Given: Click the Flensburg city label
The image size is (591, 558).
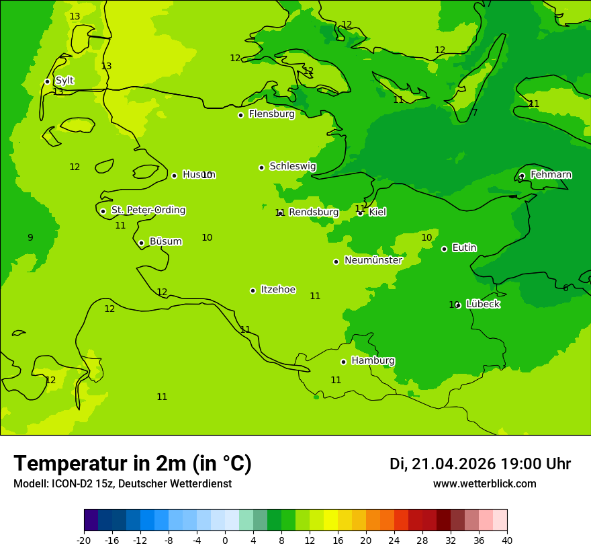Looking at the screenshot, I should click(x=271, y=114).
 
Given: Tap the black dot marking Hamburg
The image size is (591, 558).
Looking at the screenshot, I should click(x=343, y=362).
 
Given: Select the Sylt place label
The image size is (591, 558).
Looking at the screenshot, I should click(x=64, y=81).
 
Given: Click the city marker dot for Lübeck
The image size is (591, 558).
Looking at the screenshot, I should click(x=458, y=305).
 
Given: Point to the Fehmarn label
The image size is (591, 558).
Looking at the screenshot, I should click(x=551, y=175).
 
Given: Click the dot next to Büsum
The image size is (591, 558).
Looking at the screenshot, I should click(x=141, y=243).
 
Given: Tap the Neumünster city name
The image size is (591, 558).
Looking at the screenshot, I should click(x=373, y=260).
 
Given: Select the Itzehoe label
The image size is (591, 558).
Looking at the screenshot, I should click(x=278, y=290).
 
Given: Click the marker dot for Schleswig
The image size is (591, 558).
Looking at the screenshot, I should click(x=261, y=167).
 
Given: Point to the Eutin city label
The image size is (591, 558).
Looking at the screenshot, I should click(x=464, y=248).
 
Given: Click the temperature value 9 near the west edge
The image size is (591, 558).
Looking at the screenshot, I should click(x=30, y=237).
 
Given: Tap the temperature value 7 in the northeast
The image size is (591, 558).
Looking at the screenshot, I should click(x=475, y=113).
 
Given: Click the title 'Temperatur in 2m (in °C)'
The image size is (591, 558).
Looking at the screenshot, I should click(x=132, y=464).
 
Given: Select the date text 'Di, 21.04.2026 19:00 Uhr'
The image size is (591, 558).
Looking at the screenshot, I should click(x=480, y=464).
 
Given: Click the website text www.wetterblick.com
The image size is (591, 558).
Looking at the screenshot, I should click(x=484, y=484).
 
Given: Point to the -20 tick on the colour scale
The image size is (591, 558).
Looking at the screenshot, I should click(x=84, y=540).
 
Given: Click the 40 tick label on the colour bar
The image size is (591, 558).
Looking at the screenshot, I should click(x=507, y=540).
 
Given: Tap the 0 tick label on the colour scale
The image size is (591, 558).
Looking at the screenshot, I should click(x=225, y=540).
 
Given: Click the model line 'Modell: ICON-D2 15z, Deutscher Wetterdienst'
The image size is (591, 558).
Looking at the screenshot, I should click(x=122, y=484).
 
